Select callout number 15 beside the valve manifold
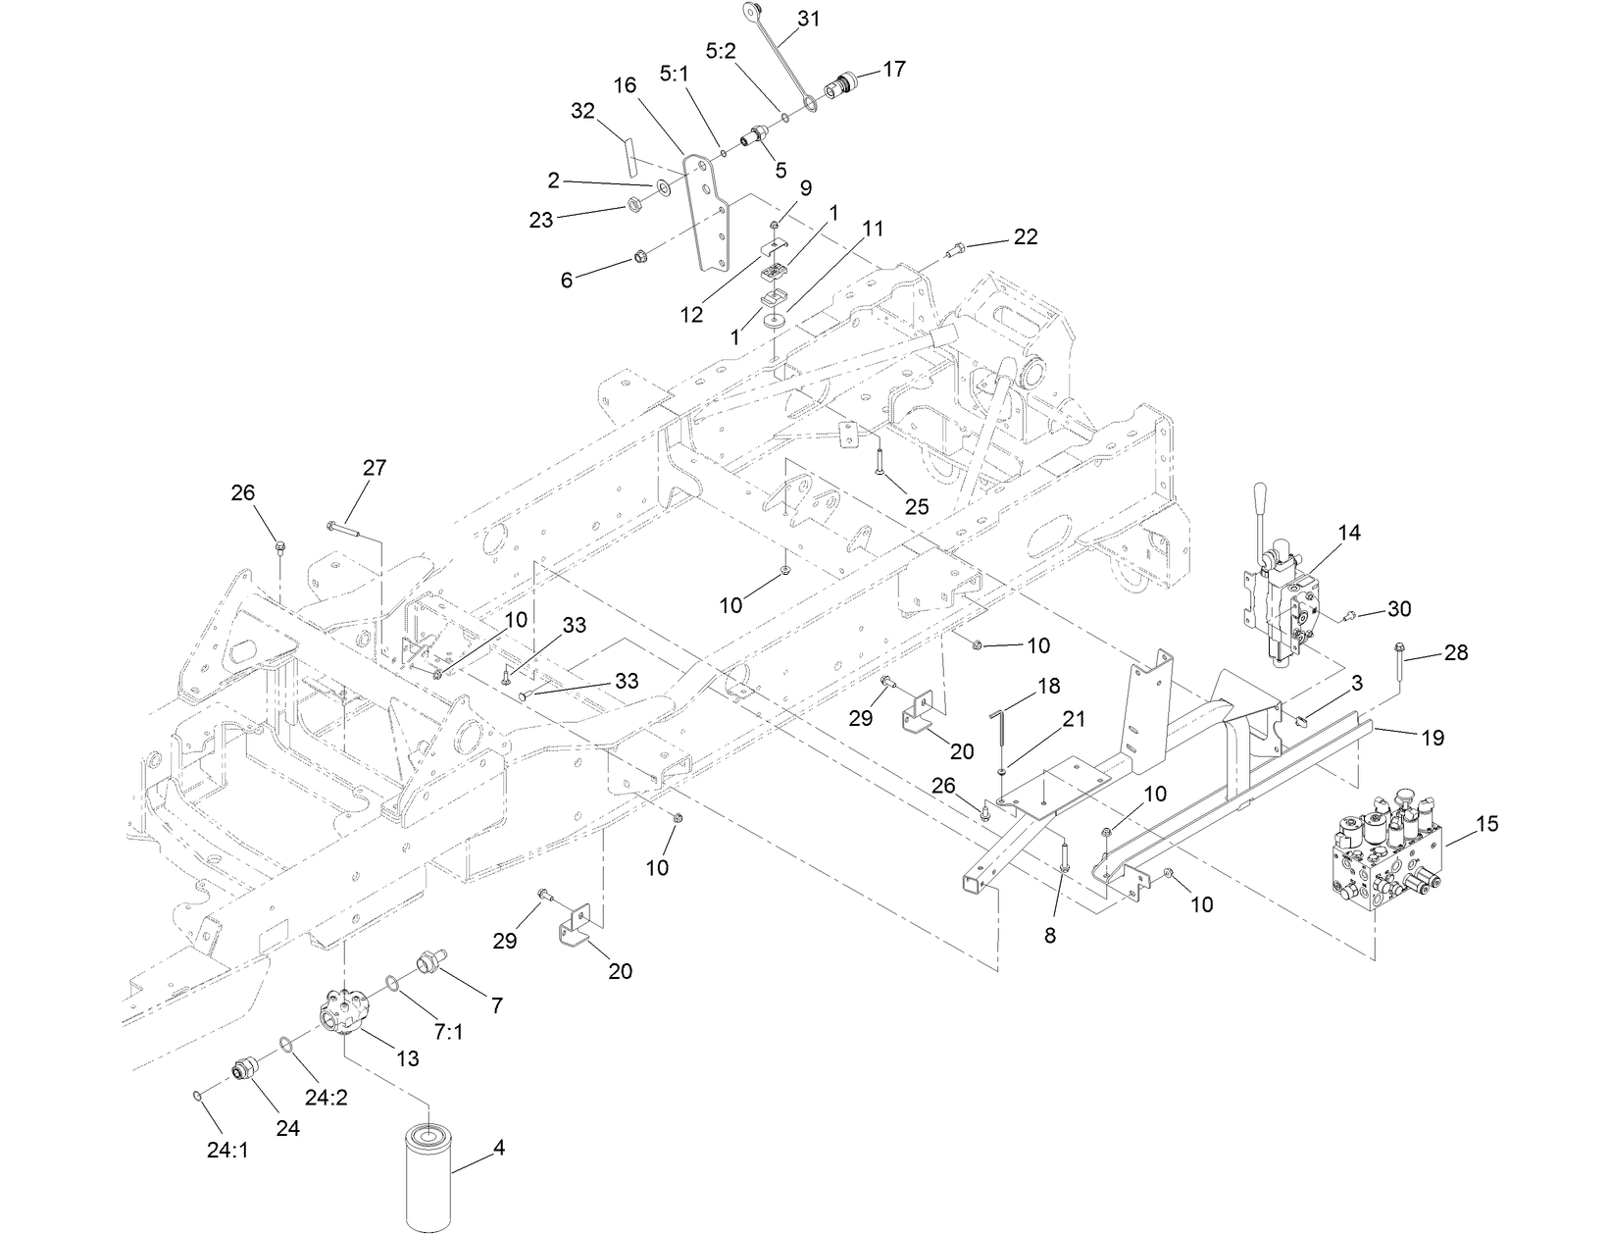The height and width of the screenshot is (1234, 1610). [1486, 824]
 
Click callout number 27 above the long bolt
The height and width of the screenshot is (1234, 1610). [375, 468]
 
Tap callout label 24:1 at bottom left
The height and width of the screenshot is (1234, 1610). [227, 1150]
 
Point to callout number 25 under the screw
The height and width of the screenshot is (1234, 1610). [916, 506]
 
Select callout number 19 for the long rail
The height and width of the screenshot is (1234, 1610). [1433, 738]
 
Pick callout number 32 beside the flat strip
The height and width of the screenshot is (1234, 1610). [582, 111]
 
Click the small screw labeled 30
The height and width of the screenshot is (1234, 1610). [1348, 615]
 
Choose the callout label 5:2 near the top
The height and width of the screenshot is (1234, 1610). [720, 51]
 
